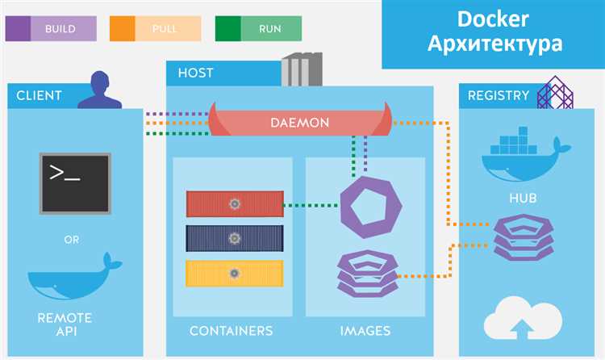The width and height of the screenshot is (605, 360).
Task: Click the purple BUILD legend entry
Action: [x=51, y=28]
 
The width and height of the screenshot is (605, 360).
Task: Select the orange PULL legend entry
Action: [x=156, y=28]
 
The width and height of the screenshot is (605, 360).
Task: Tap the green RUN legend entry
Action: [x=258, y=28]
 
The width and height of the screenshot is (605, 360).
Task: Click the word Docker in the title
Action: [x=493, y=19]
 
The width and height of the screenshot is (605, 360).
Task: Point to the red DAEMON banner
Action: [x=300, y=122]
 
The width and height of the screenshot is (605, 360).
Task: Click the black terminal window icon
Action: [x=75, y=183]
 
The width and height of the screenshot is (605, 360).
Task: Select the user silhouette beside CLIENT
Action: [x=100, y=90]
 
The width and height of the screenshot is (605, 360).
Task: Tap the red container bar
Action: [x=235, y=204]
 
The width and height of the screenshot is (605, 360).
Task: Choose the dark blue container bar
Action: [x=235, y=238]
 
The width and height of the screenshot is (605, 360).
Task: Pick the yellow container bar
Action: [x=235, y=273]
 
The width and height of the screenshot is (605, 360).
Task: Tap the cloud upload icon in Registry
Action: [x=523, y=317]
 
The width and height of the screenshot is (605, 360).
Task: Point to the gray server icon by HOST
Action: [x=302, y=69]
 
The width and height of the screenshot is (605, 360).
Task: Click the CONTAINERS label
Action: [x=232, y=331]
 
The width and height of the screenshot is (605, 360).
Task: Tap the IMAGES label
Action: [x=365, y=331]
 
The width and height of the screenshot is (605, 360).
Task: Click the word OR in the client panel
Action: [x=72, y=240]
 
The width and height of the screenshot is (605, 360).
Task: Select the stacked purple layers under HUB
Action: [x=524, y=237]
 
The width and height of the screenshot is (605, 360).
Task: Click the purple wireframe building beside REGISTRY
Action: [x=555, y=93]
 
